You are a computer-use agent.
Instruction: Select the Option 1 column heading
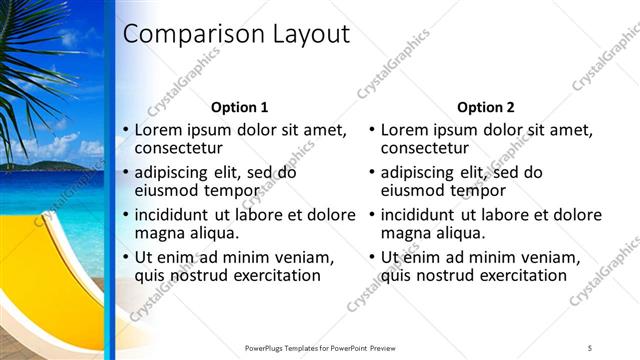240,107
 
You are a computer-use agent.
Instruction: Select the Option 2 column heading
485,107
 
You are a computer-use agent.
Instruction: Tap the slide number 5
590,347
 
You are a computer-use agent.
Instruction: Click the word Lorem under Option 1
159,130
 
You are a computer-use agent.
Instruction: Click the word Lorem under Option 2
405,130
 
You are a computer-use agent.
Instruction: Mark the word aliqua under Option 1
212,233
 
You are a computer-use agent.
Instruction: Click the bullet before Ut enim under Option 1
126,257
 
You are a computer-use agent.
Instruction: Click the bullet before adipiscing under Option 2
372,172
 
